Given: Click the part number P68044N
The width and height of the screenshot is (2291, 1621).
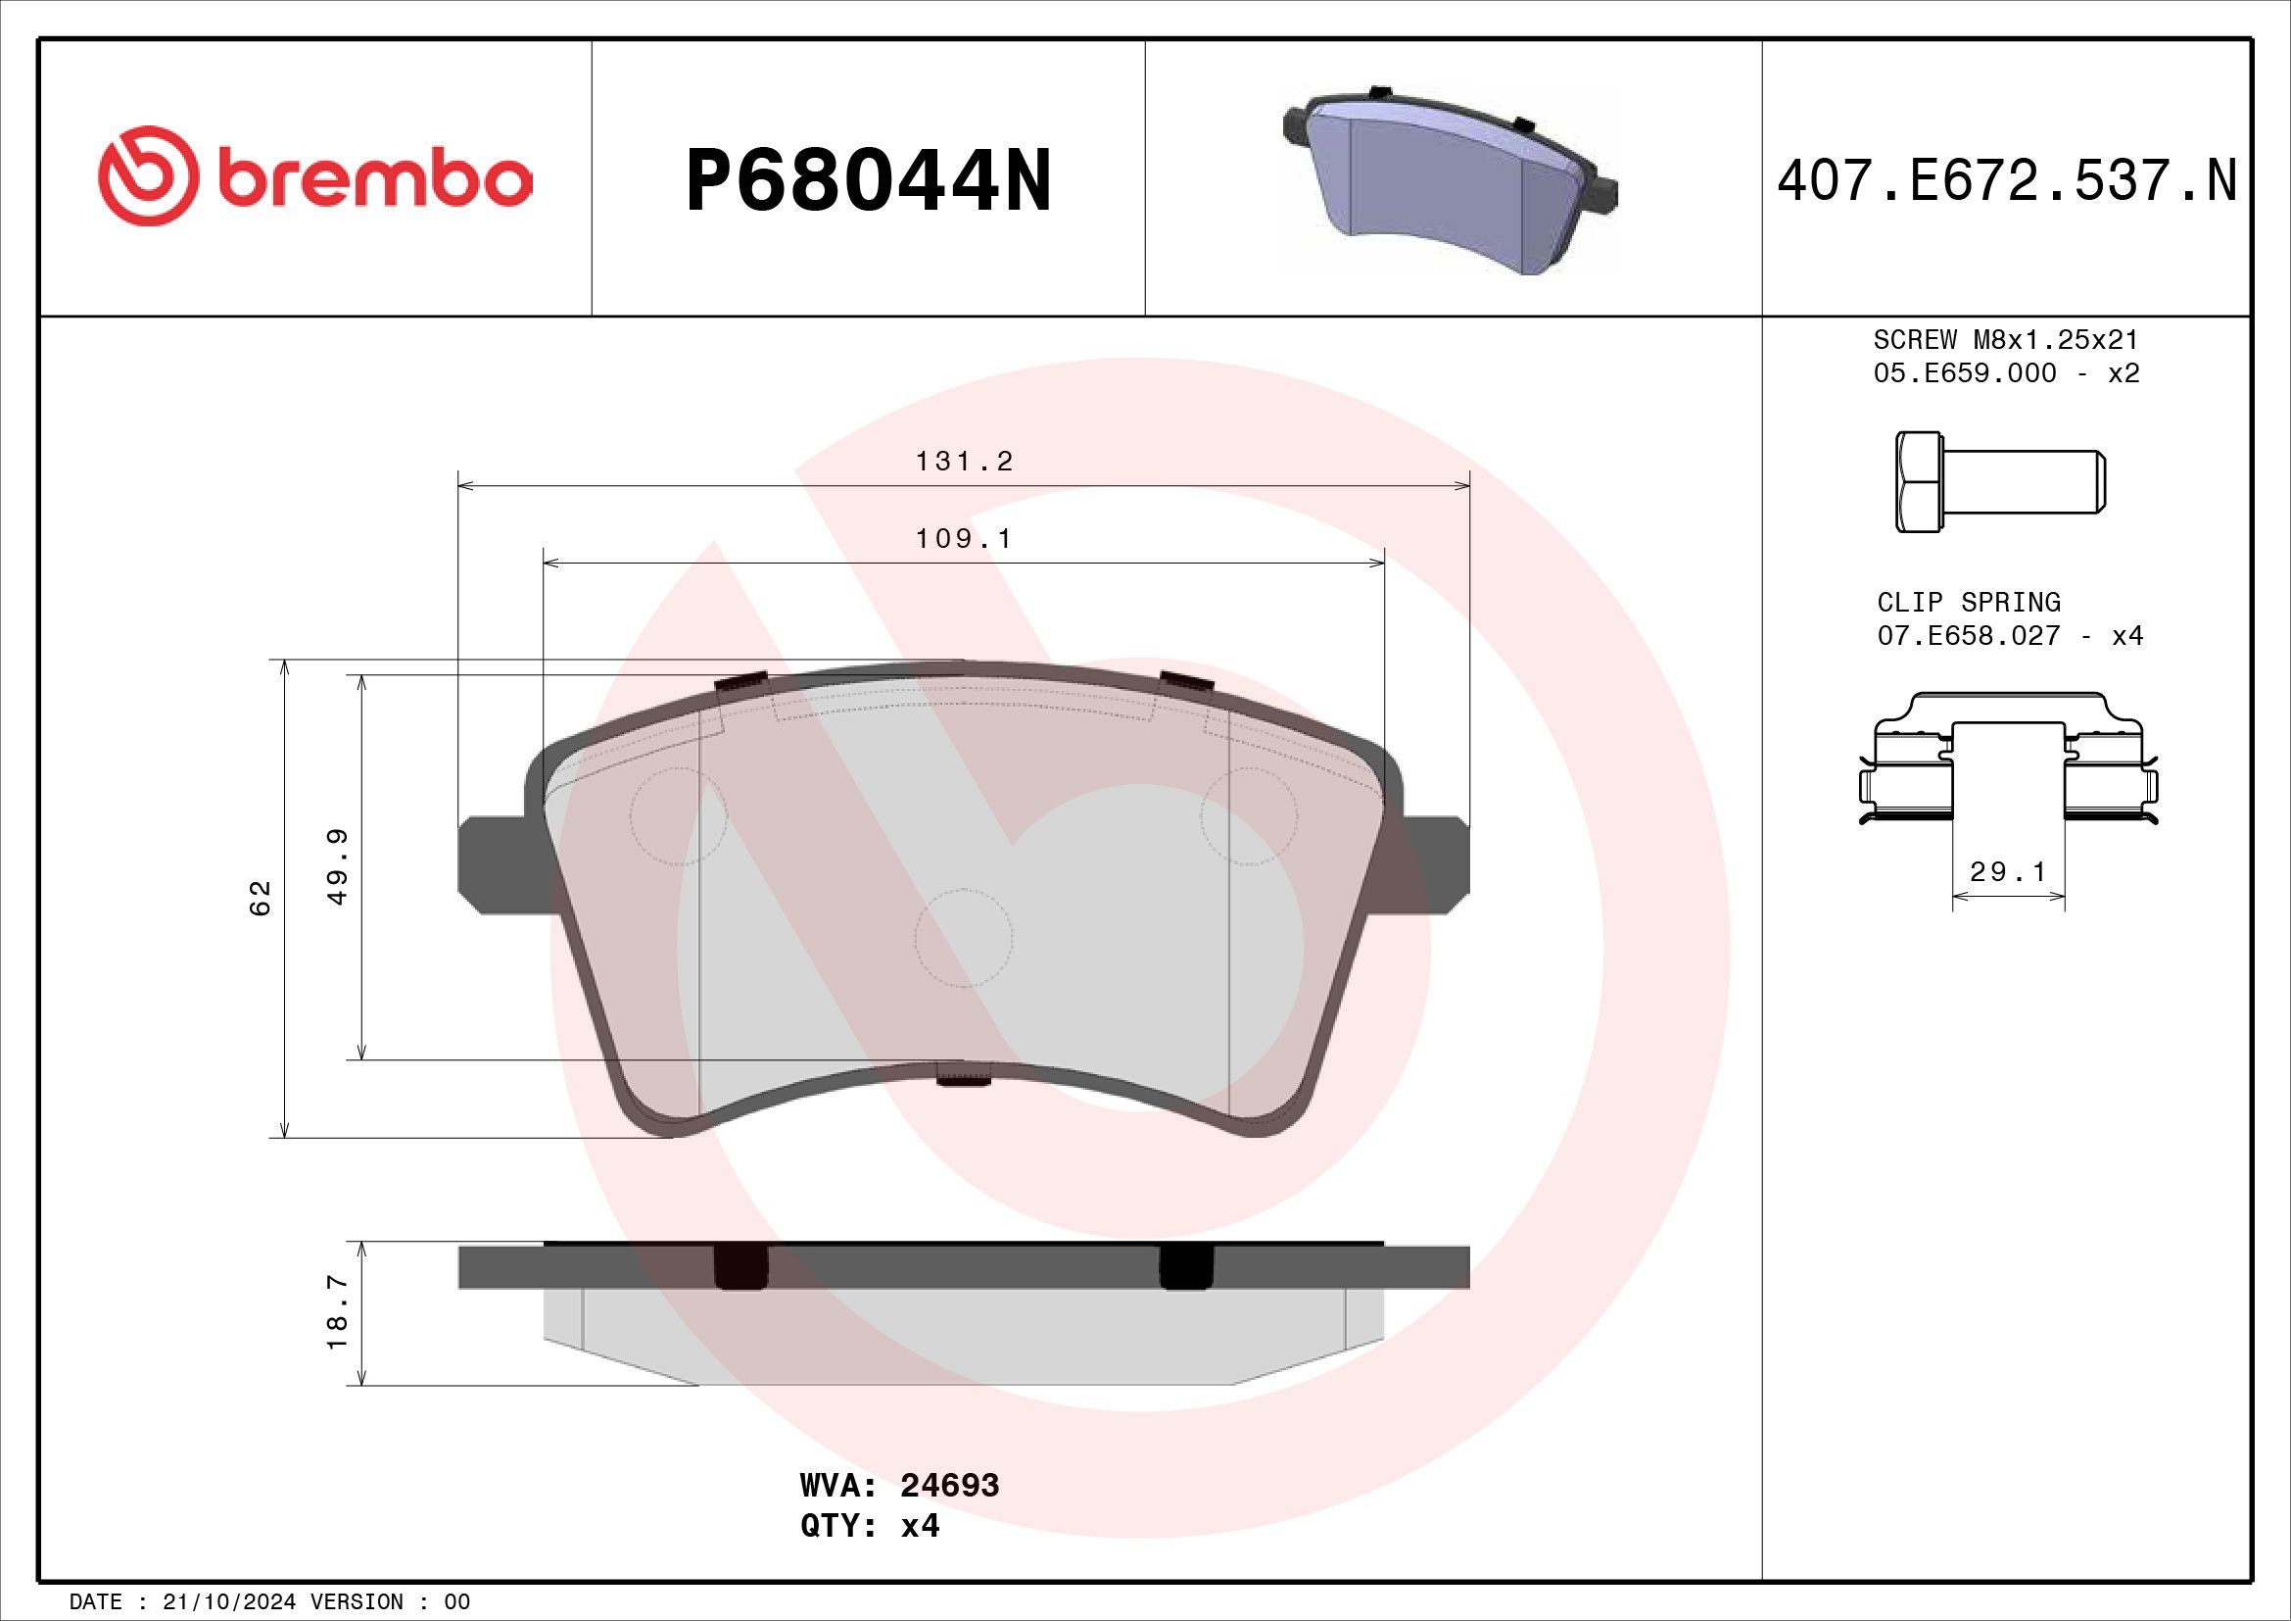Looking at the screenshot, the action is coord(868,180).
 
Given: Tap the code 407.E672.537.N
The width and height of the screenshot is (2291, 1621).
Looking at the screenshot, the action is coord(2008,180).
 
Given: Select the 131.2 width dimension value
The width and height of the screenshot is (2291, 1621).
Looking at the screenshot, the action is coord(964,462).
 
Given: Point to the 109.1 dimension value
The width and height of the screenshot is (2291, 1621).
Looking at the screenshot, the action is coord(964,539).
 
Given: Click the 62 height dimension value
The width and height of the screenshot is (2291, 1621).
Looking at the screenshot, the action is coord(261,899).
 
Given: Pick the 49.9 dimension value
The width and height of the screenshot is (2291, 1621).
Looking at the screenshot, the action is coord(338,866).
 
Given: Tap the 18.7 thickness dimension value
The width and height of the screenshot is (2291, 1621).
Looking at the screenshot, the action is coord(338,1313).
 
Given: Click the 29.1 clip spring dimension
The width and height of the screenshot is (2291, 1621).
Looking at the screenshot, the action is coord(2008,871).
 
